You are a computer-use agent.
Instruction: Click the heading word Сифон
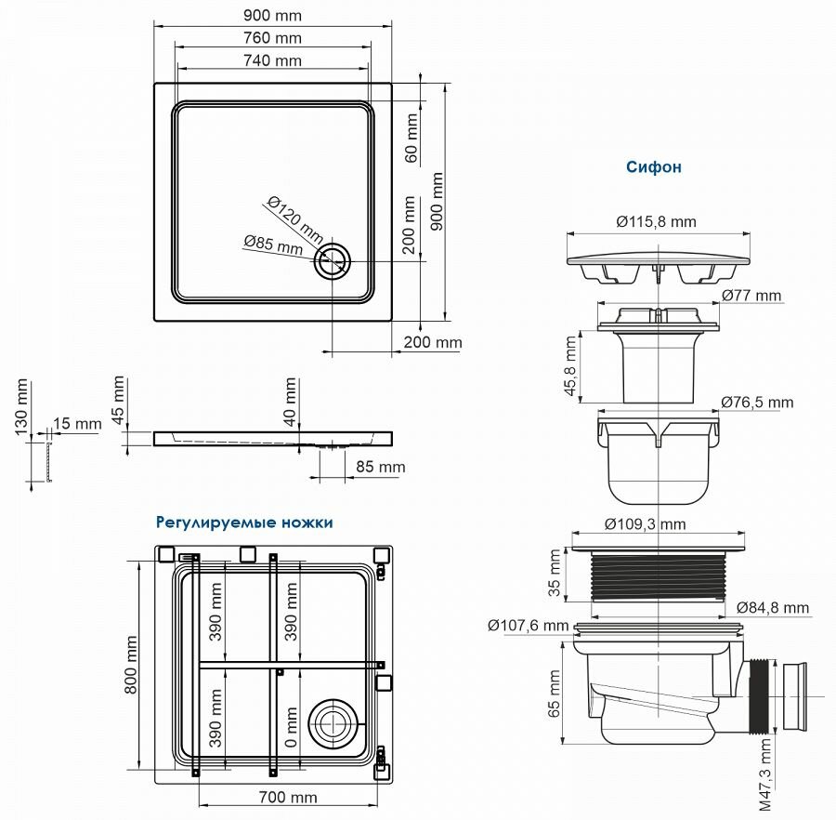[653, 167]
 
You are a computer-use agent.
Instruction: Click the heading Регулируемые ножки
[244, 522]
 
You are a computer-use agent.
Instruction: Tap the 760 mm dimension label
[273, 38]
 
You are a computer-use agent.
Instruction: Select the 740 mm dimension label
[273, 60]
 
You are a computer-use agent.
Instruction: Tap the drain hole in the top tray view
[332, 261]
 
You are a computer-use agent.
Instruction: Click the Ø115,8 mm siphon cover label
[656, 222]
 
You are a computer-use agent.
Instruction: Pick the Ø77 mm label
[751, 296]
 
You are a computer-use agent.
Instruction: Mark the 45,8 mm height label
[571, 366]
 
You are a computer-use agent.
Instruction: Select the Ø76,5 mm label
[757, 403]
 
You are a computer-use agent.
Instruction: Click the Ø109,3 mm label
[645, 524]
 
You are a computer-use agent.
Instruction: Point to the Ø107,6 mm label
[527, 625]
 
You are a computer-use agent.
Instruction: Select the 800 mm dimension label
[132, 664]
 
